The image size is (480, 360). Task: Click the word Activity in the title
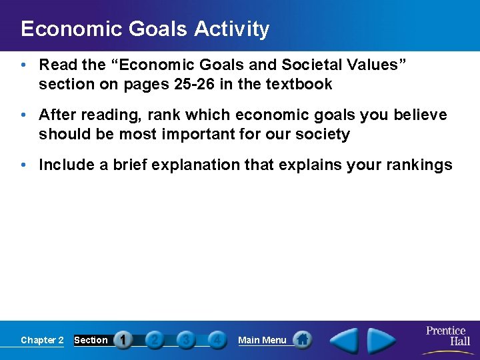(x=232, y=29)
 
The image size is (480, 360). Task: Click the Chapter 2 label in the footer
(x=42, y=340)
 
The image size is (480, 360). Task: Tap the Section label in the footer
(x=91, y=340)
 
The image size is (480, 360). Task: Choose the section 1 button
(x=123, y=340)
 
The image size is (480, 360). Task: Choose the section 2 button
(x=155, y=340)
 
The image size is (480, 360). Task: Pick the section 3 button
(x=186, y=340)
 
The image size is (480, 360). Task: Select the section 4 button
(x=217, y=340)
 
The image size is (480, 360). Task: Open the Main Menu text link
(x=262, y=340)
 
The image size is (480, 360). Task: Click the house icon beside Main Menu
(x=302, y=340)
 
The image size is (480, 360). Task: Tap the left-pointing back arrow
(x=345, y=341)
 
